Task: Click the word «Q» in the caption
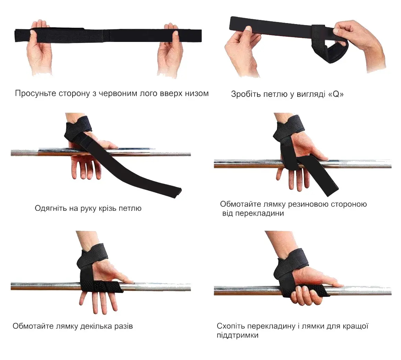click(336, 94)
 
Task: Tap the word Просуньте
click(35, 94)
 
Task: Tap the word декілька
click(96, 326)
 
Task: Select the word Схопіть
click(231, 326)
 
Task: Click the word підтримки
click(237, 335)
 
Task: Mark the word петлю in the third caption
click(131, 208)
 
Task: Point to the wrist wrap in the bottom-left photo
click(92, 256)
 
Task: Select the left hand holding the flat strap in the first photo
click(39, 47)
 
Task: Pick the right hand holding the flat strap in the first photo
click(170, 50)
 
